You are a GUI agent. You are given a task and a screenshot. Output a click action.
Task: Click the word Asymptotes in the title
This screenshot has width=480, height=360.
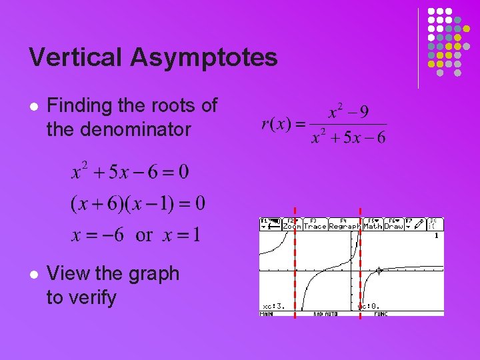[x=204, y=58]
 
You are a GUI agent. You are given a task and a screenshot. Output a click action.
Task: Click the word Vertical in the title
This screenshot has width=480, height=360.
[x=75, y=57]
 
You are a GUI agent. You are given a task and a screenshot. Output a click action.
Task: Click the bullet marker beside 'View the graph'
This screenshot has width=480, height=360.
[x=34, y=274]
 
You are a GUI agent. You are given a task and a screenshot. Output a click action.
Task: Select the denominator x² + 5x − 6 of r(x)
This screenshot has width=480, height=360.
[x=349, y=137]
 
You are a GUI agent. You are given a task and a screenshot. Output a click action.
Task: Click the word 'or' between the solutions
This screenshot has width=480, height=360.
[x=144, y=235]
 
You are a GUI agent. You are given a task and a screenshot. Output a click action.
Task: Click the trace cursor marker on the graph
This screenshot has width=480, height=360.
[x=379, y=271]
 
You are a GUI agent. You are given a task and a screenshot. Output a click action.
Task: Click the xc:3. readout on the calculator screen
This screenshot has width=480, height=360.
[x=273, y=306]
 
